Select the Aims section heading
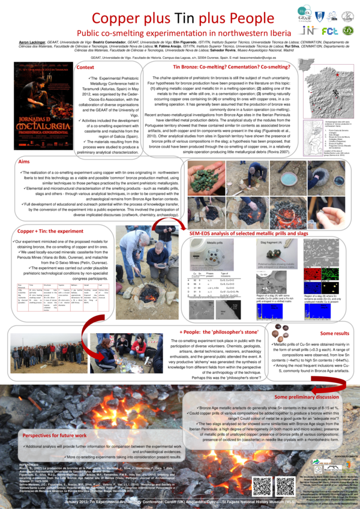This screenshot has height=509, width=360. tap(23, 163)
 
